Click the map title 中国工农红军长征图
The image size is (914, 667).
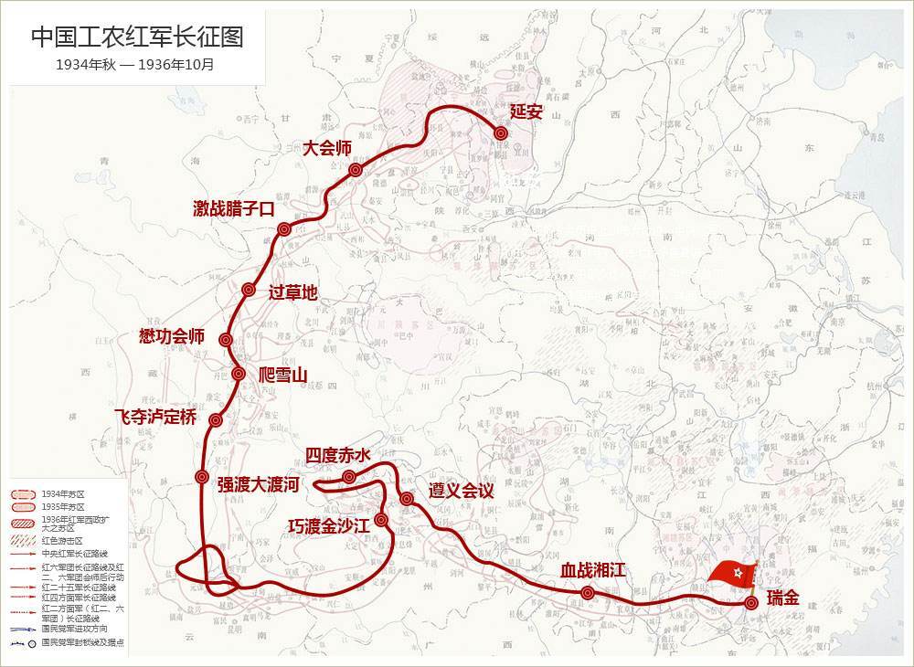pyautogui.click(x=137, y=37)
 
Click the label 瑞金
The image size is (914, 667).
pyautogui.click(x=783, y=599)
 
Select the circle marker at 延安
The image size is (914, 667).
pyautogui.click(x=501, y=133)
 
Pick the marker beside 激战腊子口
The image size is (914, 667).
pyautogui.click(x=284, y=229)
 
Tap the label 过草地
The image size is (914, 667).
pyautogui.click(x=293, y=292)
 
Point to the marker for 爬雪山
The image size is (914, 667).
pyautogui.click(x=238, y=374)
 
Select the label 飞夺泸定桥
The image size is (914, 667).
pyautogui.click(x=155, y=417)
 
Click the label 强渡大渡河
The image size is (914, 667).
pyautogui.click(x=258, y=484)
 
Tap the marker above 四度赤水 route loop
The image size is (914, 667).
pyautogui.click(x=348, y=476)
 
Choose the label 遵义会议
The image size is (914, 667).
pyautogui.click(x=462, y=491)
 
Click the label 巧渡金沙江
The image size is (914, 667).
pyautogui.click(x=328, y=525)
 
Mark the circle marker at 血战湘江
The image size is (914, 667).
pyautogui.click(x=588, y=593)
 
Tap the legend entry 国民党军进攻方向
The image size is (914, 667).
pyautogui.click(x=77, y=629)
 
